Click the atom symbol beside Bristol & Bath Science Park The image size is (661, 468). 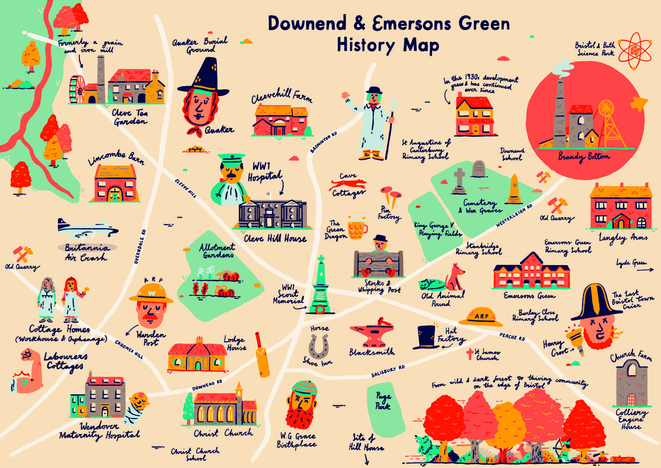tap(635, 51)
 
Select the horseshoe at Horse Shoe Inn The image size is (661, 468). tap(318, 347)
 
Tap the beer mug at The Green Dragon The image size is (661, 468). tap(357, 228)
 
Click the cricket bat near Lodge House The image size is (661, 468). tap(262, 355)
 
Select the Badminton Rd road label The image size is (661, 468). tap(323, 142)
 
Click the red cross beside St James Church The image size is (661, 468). tap(470, 354)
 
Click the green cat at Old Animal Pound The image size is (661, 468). tap(431, 285)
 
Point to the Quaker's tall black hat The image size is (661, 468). tap(204, 78)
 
